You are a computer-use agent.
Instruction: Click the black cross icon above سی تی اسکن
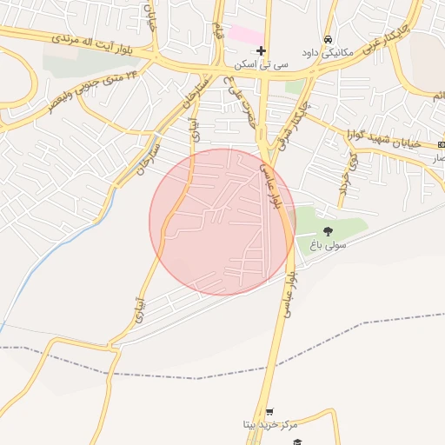tap(260, 51)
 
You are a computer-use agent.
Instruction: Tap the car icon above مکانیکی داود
tap(327, 40)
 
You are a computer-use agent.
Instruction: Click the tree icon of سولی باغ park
tap(328, 231)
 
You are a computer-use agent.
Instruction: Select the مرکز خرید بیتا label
tap(270, 425)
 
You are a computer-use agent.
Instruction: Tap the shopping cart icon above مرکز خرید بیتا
tap(269, 412)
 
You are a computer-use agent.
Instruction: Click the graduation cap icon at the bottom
tap(296, 442)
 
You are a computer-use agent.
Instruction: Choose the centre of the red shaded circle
tap(222, 222)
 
